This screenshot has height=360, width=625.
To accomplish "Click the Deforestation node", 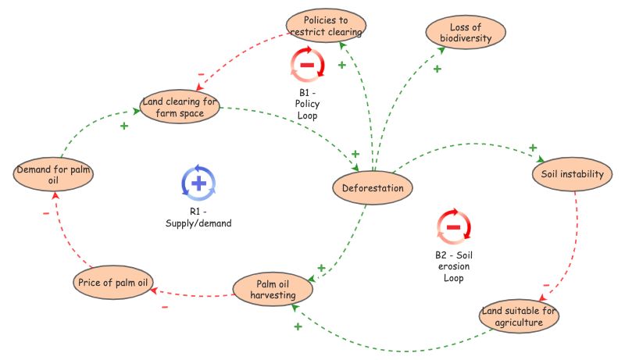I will coord(373,188).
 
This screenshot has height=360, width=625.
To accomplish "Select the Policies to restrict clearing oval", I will coord(326,25).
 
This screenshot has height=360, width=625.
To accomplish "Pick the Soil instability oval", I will coord(572,174).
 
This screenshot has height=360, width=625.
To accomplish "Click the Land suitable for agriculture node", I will coord(519,317).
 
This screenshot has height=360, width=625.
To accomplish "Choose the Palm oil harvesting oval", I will coord(273,288).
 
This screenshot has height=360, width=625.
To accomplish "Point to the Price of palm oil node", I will coord(113,282).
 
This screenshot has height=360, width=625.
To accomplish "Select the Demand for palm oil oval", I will coord(49,176).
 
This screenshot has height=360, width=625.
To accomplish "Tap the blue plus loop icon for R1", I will coord(198,183).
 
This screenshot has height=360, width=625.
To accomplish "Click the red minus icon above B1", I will coord(307,65).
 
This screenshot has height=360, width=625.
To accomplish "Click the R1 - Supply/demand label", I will coord(198,217).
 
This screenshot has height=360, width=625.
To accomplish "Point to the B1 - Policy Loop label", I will coord(308,104).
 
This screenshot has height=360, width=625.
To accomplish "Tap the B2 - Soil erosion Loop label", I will coord(454,266).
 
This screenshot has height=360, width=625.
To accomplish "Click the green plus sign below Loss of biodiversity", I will coord(437,70).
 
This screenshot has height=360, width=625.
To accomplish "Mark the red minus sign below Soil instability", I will coord(546,286).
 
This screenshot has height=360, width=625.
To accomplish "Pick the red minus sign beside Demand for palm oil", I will coord(45,212).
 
